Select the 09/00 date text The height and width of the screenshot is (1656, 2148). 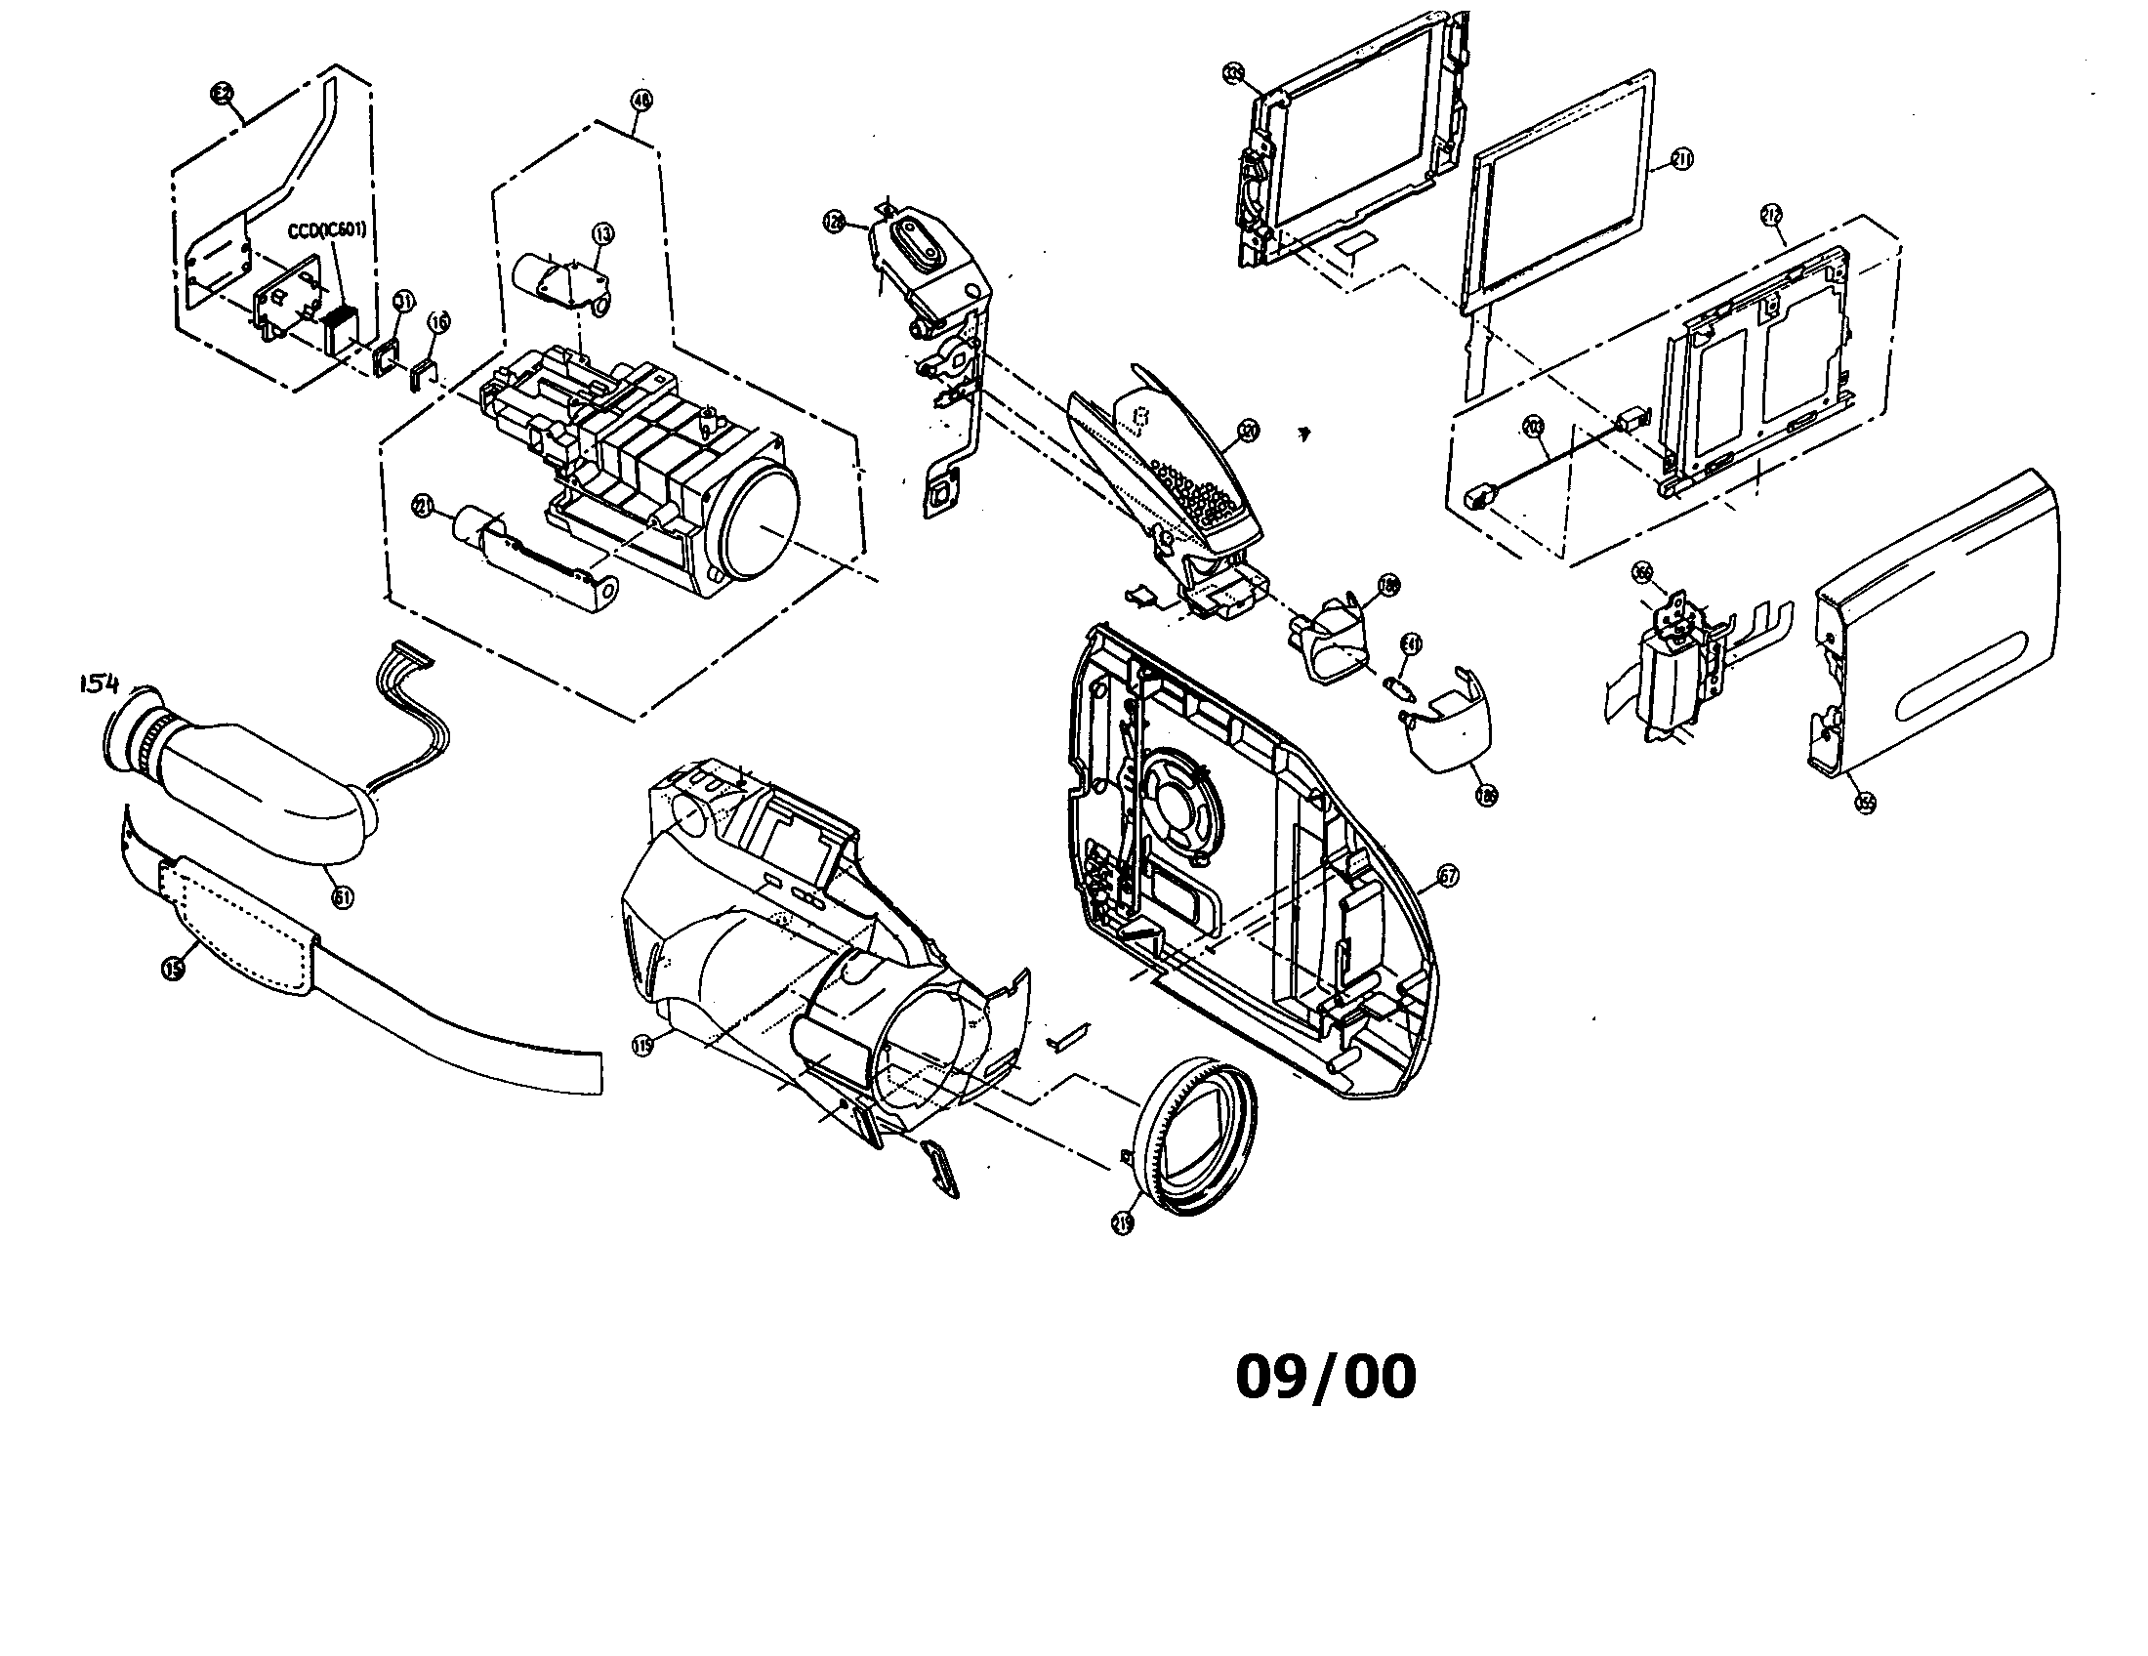1325,1377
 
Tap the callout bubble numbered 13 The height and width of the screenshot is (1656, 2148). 601,233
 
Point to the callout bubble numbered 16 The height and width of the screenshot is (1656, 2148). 439,321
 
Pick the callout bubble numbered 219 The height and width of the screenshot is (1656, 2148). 1123,1222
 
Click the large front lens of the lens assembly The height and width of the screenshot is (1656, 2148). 761,523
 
